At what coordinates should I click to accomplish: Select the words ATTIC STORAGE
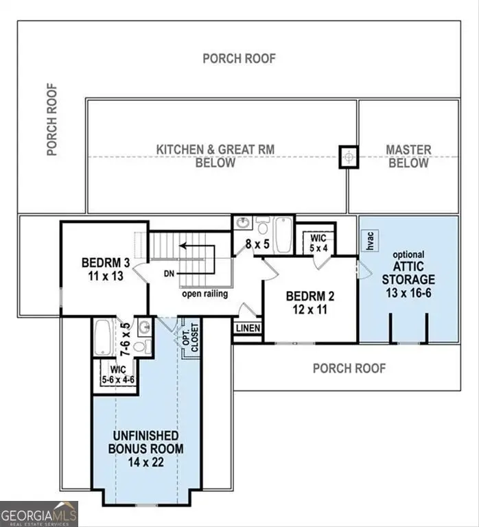408,272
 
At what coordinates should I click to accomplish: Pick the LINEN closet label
248,328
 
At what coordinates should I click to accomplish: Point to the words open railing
205,294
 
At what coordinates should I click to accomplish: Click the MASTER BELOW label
408,156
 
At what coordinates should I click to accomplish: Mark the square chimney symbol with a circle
350,156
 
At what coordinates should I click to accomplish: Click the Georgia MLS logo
39,513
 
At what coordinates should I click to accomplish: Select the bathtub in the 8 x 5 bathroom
283,235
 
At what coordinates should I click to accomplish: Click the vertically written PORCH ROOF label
52,119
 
